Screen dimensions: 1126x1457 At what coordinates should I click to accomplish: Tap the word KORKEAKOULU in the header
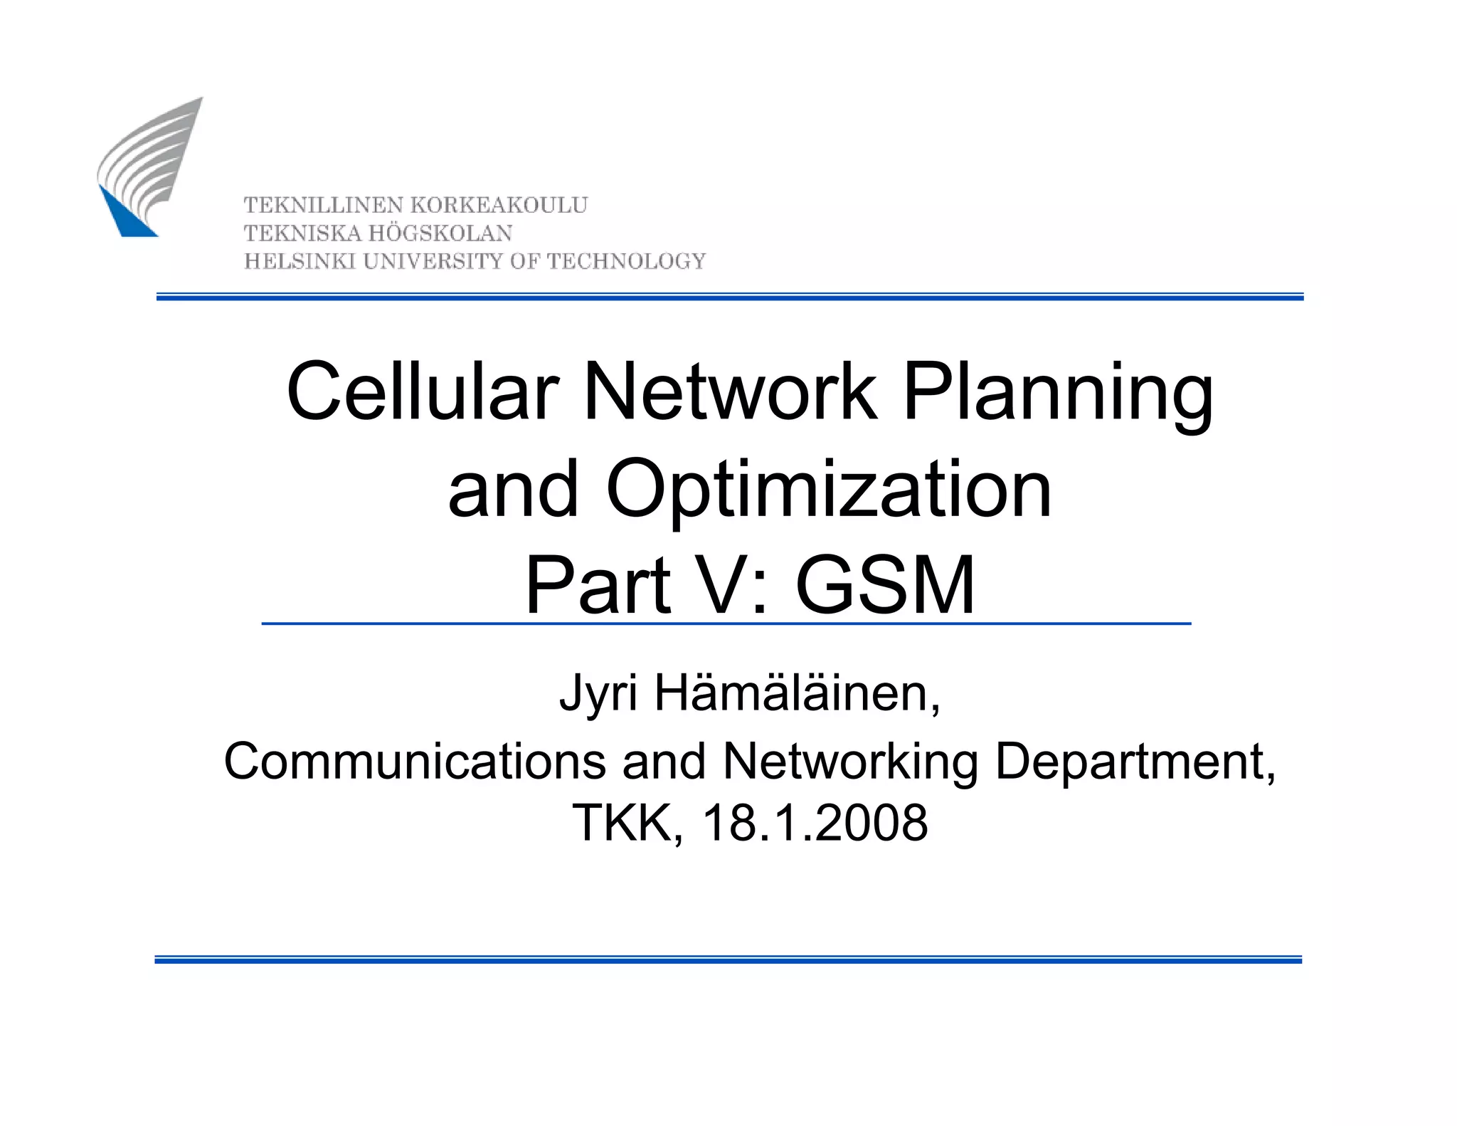tap(499, 206)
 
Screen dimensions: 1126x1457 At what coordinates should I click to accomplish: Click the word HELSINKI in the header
tap(300, 262)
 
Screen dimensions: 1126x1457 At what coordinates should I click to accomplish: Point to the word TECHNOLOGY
tap(626, 262)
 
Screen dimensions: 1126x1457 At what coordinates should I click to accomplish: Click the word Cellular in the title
tap(423, 392)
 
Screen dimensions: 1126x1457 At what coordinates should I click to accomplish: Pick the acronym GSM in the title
tap(885, 585)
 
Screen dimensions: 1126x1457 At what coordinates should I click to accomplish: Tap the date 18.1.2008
tap(815, 824)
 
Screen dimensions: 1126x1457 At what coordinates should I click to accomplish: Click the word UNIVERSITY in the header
tap(433, 262)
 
